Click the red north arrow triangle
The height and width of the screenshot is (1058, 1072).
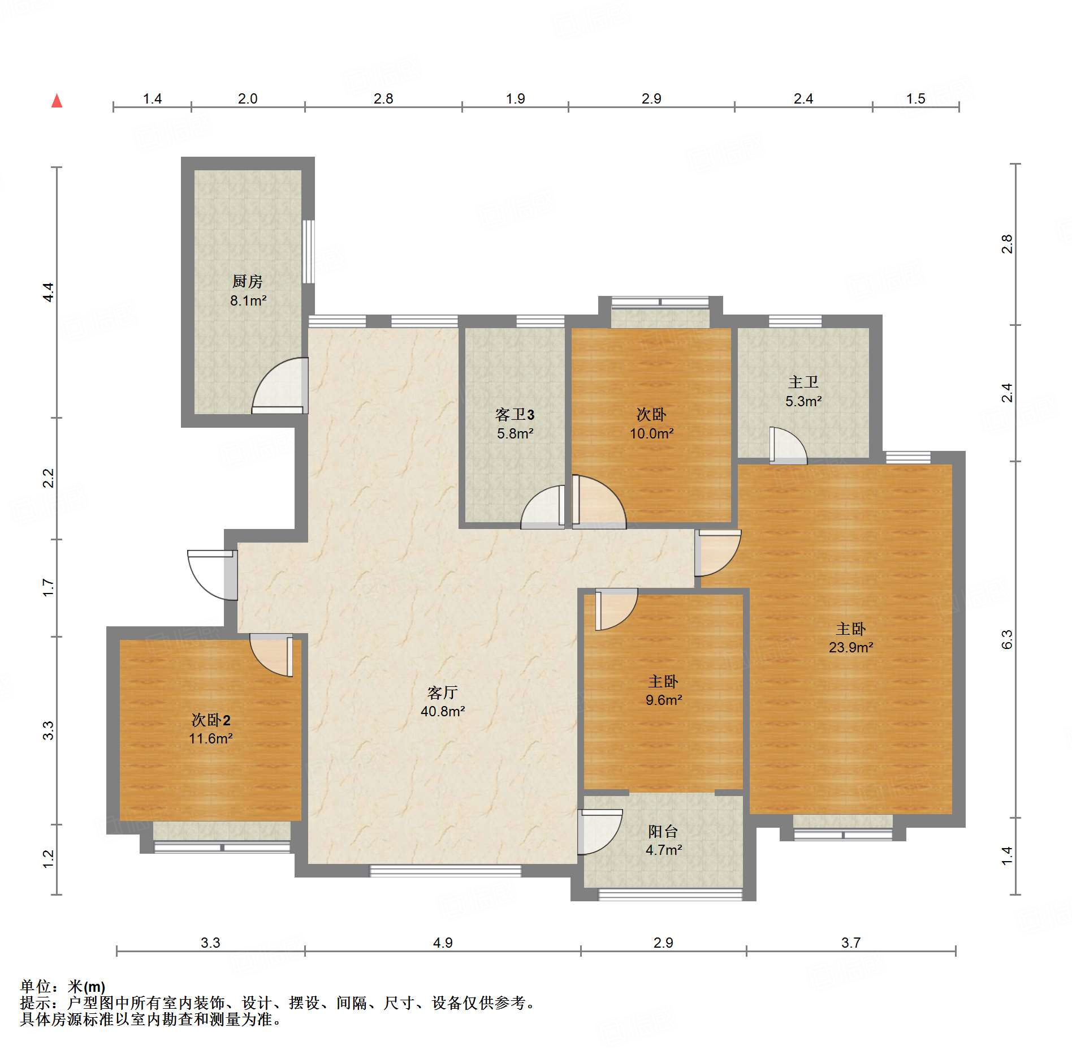tap(57, 101)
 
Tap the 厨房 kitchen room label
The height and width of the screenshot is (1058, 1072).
tap(248, 281)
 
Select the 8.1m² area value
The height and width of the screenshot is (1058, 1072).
tap(248, 300)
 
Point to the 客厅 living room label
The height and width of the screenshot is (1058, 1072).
tap(443, 692)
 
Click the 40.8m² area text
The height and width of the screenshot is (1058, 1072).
tap(443, 711)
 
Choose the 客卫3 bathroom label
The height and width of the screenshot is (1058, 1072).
tap(515, 415)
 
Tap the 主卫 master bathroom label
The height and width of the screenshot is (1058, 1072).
tap(803, 382)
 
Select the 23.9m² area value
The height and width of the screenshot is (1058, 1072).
tap(851, 647)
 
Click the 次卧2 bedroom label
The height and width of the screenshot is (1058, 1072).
tap(211, 720)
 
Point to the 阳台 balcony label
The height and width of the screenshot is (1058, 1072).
tap(663, 831)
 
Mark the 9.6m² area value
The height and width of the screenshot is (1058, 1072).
tap(664, 700)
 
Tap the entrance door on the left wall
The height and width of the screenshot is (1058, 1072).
tap(212, 575)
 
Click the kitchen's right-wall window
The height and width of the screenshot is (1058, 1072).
tap(308, 251)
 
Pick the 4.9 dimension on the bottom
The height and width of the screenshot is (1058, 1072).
tap(443, 943)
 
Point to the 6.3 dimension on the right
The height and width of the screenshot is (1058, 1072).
tap(1007, 639)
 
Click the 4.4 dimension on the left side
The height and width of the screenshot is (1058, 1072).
tap(49, 292)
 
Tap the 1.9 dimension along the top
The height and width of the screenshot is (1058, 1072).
tap(515, 98)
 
